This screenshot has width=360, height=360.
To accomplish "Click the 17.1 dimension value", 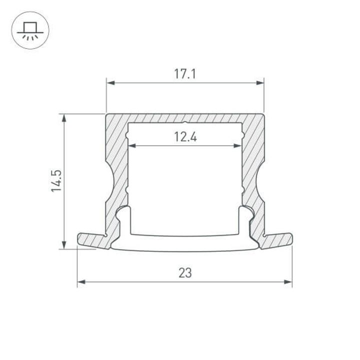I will (184, 74).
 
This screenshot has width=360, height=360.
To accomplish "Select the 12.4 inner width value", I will (184, 137).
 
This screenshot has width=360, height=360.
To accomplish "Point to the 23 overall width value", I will (184, 273).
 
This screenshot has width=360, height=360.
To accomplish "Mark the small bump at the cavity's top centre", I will (184, 122).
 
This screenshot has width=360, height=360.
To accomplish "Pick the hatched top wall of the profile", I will (184, 117).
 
